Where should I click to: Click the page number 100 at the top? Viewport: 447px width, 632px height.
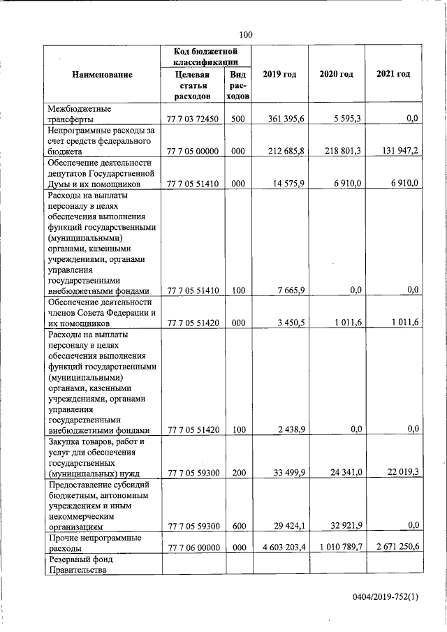pos(245,35)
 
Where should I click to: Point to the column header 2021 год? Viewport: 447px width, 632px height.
pos(393,74)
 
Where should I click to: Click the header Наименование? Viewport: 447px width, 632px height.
pos(102,74)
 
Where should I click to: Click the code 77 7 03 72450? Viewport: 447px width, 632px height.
pos(193,119)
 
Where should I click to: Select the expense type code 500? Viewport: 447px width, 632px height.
pos(237,119)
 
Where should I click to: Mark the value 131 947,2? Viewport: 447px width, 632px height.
pos(395,151)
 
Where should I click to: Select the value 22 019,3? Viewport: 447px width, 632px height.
pos(398,473)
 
